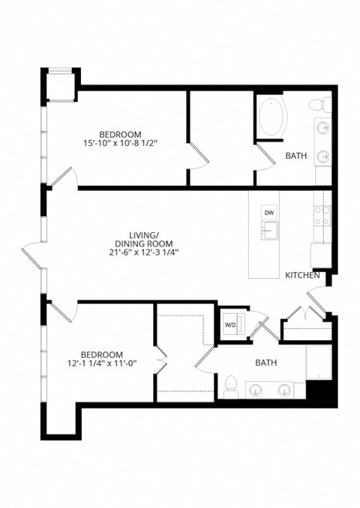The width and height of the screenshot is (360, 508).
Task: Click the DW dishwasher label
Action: pos(269,212)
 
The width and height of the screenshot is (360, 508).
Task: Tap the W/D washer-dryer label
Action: pos(230,324)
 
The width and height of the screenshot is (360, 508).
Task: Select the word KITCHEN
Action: pos(302,276)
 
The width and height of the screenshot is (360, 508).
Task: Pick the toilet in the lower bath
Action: pos(231,386)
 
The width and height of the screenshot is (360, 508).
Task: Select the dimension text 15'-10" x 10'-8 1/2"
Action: pos(125,142)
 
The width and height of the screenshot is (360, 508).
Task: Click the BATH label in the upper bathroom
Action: pos(295,156)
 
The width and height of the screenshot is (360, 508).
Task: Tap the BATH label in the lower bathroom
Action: pos(265,363)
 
